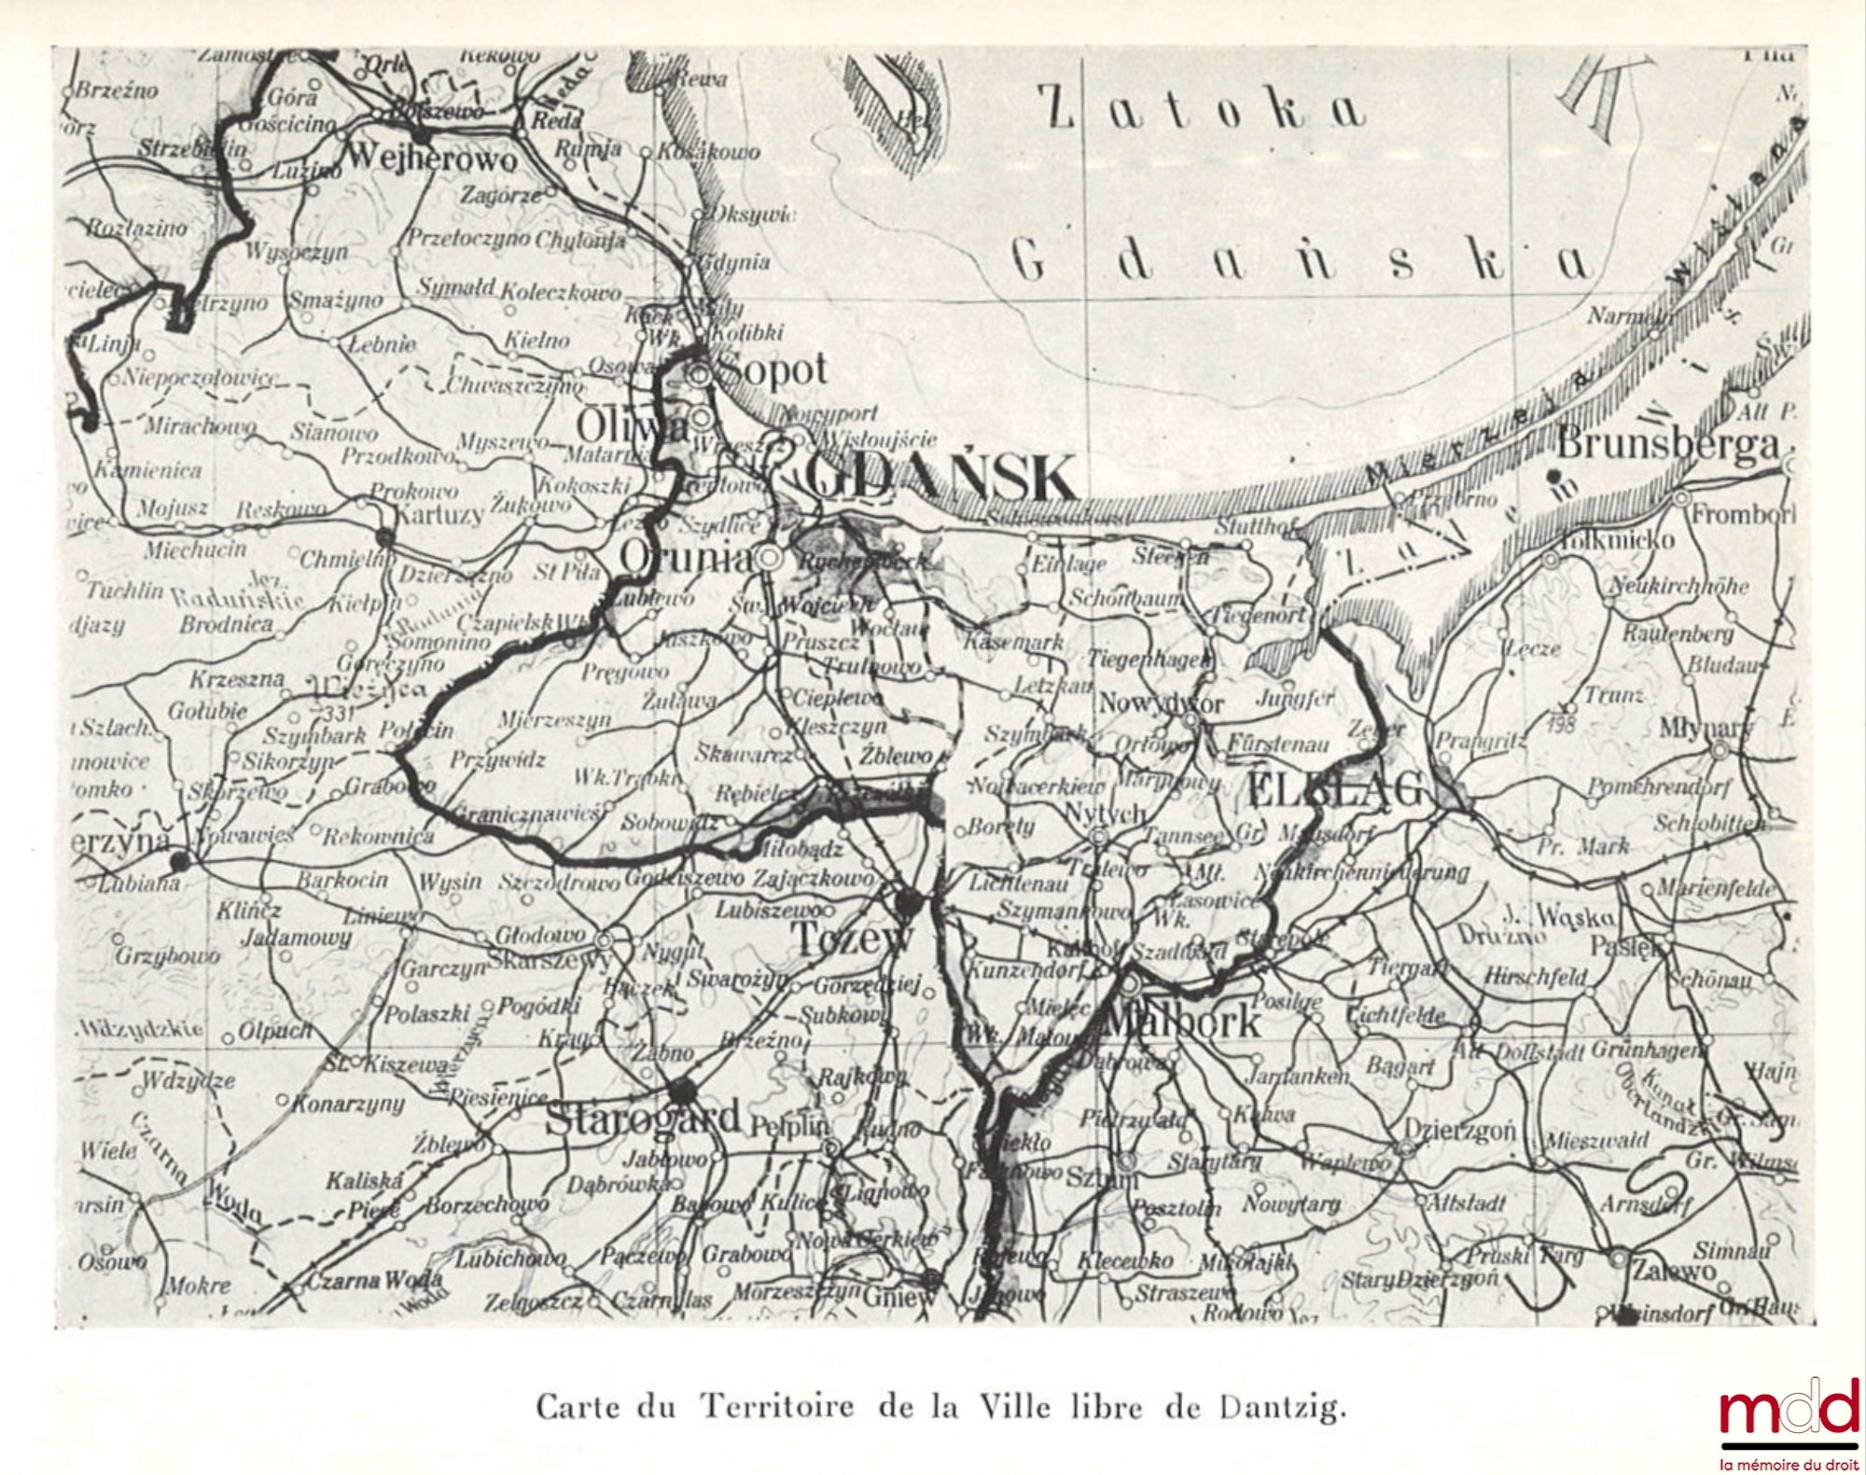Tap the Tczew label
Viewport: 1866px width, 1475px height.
coord(851,939)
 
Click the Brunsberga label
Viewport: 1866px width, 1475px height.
coord(1668,445)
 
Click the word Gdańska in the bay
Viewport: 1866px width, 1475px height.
coord(1302,263)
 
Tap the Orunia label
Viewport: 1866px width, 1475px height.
coord(686,559)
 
